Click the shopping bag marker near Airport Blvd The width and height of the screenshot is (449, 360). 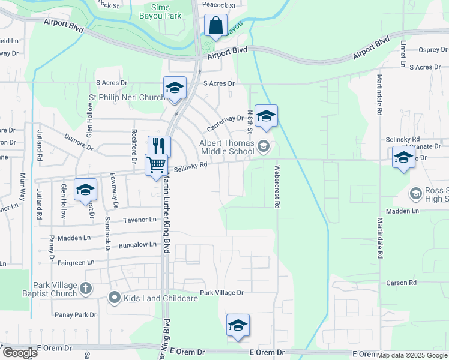pos(215,26)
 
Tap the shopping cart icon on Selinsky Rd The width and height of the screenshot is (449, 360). pos(156,163)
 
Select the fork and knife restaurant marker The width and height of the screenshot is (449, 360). pos(160,146)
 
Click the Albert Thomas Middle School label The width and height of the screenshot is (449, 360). pos(226,147)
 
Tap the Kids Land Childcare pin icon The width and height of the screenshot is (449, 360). pos(114,298)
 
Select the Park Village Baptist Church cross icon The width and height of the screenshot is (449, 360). pos(86,289)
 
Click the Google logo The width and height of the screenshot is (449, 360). pos(19,353)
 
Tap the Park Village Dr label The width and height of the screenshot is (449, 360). pos(222,293)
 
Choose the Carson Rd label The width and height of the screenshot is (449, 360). pos(402,283)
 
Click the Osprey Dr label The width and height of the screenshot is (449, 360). pos(429,50)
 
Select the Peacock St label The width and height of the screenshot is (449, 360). pos(217,5)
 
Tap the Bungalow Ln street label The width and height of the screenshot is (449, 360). pos(137,245)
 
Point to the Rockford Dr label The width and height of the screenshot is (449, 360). pos(134,145)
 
